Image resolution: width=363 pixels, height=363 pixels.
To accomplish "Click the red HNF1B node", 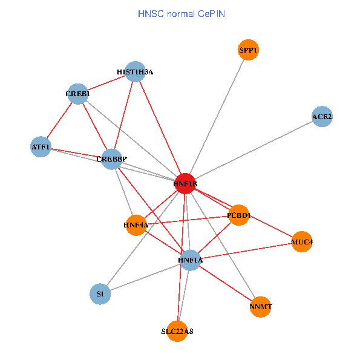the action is (185, 183).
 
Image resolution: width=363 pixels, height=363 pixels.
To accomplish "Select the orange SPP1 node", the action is (248, 50).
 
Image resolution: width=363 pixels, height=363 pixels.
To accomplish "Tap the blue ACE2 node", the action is (322, 116).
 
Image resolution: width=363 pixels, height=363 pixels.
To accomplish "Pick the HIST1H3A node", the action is (135, 72).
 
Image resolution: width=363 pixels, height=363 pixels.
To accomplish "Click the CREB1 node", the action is (78, 94).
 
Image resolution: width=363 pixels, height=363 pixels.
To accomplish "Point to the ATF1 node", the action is (41, 146).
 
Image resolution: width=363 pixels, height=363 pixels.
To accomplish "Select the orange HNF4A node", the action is (136, 225).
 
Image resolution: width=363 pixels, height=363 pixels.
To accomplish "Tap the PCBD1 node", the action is (239, 215).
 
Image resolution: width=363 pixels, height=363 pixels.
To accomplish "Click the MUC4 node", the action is (301, 242).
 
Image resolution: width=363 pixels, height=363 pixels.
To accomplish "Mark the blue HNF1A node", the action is (190, 260).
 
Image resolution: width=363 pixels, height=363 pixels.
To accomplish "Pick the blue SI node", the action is (100, 294).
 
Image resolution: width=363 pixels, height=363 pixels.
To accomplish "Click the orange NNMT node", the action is (260, 307).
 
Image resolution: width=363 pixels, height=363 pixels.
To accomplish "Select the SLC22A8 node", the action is (177, 331).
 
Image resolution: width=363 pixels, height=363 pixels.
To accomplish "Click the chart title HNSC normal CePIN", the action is (181, 13).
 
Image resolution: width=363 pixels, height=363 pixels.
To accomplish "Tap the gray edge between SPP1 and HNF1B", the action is (216, 117).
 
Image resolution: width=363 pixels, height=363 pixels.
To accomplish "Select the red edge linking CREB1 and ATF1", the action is (59, 120).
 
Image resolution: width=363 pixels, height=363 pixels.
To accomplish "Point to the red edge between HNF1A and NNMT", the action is (225, 283).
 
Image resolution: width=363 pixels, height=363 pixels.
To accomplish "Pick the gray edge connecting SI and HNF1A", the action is (145, 277).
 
